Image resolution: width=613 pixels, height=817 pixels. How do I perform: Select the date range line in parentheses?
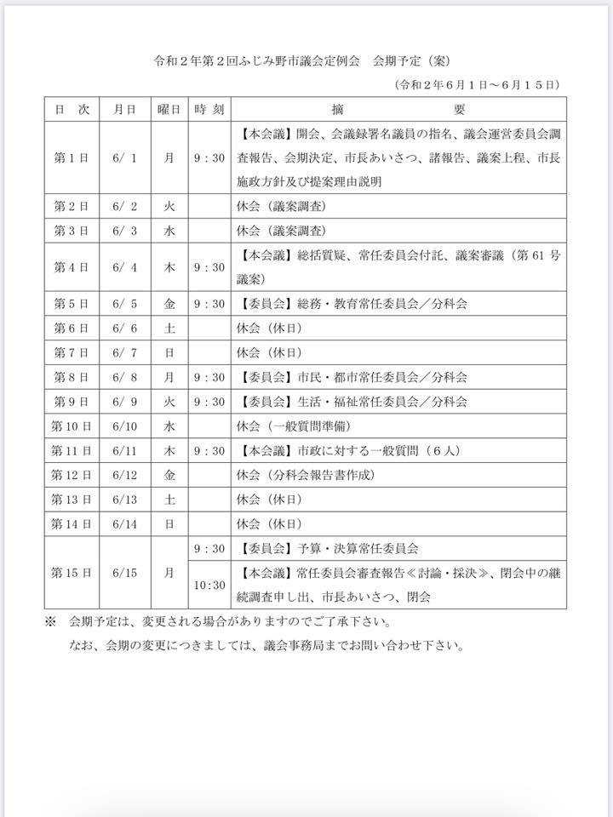476,85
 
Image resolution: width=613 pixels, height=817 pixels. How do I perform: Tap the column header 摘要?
398,110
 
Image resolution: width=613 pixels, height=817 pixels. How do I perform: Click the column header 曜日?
169,110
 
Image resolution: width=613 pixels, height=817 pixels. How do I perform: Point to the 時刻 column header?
209,110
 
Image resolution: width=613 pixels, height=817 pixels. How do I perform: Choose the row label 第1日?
72,157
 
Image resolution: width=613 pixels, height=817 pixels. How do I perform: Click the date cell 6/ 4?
125,267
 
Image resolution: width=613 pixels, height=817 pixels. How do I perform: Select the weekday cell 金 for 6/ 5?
169,303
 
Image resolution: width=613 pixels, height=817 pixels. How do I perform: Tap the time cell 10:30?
209,585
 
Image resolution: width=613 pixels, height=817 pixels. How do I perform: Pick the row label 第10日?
72,426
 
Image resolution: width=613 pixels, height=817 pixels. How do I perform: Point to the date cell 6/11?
125,450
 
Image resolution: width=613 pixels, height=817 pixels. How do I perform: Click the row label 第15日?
72,573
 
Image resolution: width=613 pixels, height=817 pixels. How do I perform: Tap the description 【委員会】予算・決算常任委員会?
330,549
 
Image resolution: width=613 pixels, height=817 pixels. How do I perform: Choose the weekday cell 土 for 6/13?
169,500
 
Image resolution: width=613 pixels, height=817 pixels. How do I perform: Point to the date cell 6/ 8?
125,377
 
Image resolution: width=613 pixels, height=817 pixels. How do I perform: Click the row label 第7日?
72,352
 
